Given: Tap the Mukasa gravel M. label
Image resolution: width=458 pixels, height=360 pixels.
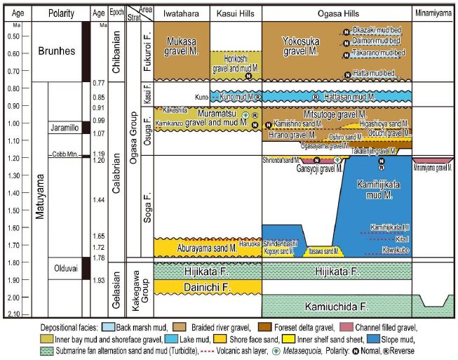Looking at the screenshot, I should tap(177, 46).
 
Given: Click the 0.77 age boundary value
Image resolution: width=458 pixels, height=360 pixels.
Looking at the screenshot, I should tap(98, 84).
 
